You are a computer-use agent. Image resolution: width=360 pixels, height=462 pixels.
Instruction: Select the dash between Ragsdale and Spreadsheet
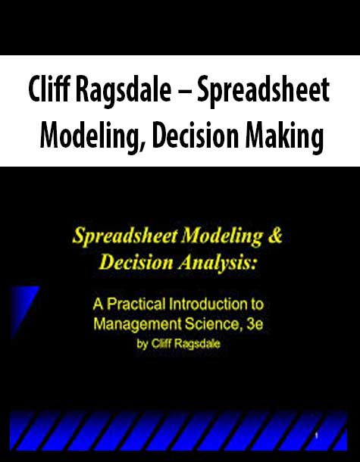pyautogui.click(x=184, y=92)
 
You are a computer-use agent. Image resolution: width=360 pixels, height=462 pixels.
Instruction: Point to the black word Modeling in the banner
pyautogui.click(x=92, y=137)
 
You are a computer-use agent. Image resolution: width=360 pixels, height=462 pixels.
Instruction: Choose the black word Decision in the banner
pyautogui.click(x=196, y=134)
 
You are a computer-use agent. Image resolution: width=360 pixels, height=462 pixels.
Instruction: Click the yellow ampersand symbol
pyautogui.click(x=275, y=236)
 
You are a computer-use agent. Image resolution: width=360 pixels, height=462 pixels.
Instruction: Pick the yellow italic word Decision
pyautogui.click(x=136, y=262)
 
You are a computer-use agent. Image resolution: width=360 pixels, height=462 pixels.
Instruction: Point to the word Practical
pyautogui.click(x=136, y=304)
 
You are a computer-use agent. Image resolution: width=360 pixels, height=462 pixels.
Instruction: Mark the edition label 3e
pyautogui.click(x=255, y=324)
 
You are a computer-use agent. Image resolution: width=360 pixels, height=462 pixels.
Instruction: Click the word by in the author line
pyautogui.click(x=142, y=345)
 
